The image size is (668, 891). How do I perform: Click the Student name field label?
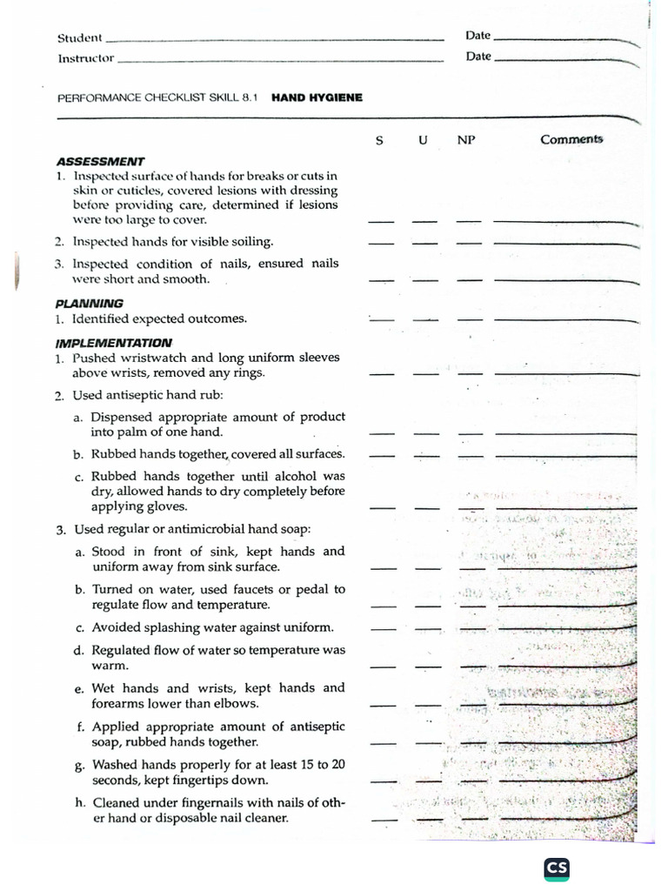click(x=80, y=38)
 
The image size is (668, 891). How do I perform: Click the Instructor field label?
click(x=86, y=58)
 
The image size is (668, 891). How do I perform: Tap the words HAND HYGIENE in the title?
click(x=317, y=98)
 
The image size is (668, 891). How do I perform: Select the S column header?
click(x=379, y=140)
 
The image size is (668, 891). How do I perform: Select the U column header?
click(x=423, y=140)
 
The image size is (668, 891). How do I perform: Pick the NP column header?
click(x=466, y=140)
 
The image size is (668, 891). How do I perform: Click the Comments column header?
click(x=571, y=139)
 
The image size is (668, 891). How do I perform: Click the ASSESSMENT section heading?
click(x=100, y=161)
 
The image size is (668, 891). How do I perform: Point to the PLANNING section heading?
click(x=89, y=303)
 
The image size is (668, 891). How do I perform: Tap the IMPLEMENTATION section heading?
click(x=113, y=342)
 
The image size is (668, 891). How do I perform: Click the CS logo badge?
click(x=557, y=868)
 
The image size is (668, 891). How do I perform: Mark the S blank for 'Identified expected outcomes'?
click(x=381, y=320)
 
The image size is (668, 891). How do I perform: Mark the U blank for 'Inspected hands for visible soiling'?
click(x=424, y=243)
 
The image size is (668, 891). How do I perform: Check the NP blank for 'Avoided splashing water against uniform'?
click(x=471, y=628)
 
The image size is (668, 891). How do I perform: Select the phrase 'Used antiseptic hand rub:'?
click(x=137, y=395)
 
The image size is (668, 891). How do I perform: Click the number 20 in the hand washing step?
click(x=337, y=764)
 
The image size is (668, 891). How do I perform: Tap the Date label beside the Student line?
click(x=478, y=36)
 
